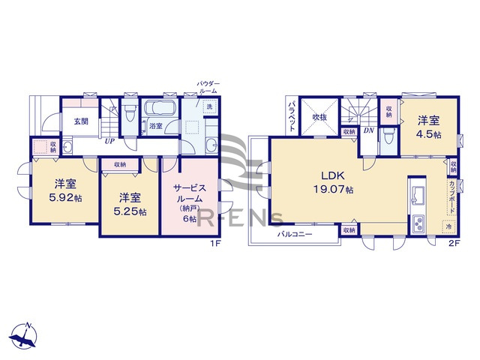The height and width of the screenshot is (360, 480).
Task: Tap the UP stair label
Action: point(109,139)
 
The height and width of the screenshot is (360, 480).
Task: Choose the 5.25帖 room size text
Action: point(130,211)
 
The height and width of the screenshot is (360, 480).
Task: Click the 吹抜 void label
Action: point(319,118)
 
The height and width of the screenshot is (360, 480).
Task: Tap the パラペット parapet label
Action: point(292,115)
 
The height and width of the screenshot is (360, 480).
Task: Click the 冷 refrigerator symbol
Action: point(448,226)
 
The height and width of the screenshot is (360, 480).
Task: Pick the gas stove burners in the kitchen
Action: point(418,223)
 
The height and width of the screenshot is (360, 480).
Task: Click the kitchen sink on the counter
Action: point(418,196)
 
